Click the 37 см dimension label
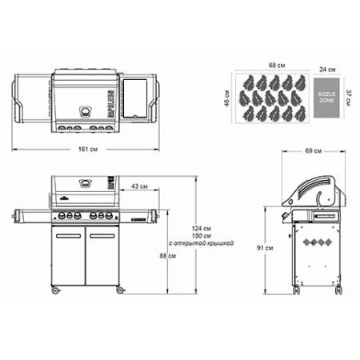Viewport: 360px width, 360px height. coord(350,96)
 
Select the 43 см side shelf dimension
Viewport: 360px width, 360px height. coord(139,186)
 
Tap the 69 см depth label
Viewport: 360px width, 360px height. coord(314,150)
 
